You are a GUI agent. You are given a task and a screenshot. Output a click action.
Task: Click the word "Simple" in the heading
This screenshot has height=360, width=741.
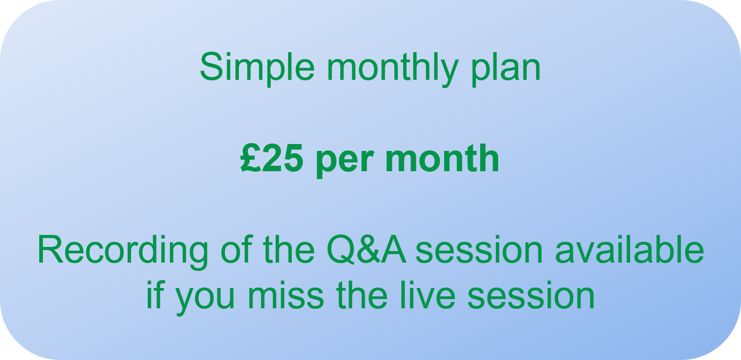257,67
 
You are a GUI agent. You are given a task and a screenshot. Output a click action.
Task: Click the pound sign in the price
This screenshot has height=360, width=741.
250,158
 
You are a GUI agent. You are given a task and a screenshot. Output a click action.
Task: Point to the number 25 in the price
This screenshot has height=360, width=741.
282,158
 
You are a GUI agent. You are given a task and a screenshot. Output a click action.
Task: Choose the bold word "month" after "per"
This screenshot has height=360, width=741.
442,158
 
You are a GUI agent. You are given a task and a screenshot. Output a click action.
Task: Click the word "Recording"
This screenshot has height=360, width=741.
122,251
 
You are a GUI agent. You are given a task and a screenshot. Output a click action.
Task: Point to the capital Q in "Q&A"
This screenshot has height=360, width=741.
341,250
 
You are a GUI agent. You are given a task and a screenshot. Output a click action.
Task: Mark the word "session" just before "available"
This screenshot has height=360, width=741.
479,250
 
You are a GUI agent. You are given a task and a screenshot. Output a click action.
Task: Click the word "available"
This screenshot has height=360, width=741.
630,249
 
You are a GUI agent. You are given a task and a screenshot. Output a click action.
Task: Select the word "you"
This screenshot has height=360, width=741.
205,299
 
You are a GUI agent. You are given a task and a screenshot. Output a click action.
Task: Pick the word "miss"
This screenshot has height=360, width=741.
285,295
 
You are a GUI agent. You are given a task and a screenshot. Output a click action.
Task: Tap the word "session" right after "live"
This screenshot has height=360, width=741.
531,295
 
